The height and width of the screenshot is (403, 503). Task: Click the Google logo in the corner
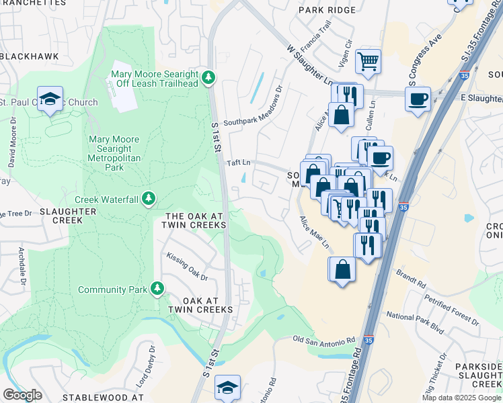pyautogui.click(x=22, y=395)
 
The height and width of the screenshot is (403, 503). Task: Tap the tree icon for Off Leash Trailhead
pyautogui.click(x=209, y=79)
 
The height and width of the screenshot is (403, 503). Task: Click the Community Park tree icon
pyautogui.click(x=157, y=289)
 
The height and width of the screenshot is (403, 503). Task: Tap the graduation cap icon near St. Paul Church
pyautogui.click(x=50, y=99)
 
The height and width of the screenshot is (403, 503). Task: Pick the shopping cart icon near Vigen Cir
pyautogui.click(x=368, y=62)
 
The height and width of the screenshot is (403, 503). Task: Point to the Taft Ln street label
pyautogui.click(x=239, y=163)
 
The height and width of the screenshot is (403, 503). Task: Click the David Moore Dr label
pyautogui.click(x=12, y=144)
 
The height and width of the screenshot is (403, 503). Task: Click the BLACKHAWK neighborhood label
pyautogui.click(x=30, y=56)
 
